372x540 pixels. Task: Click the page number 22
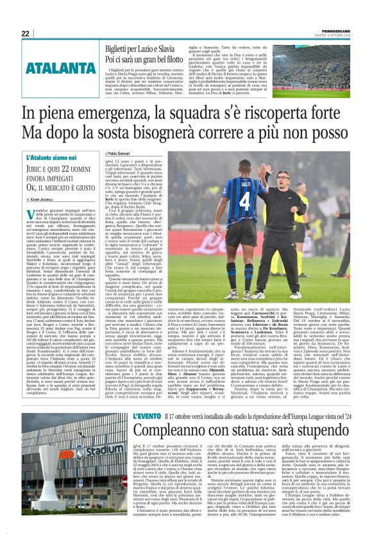coord(26,33)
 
